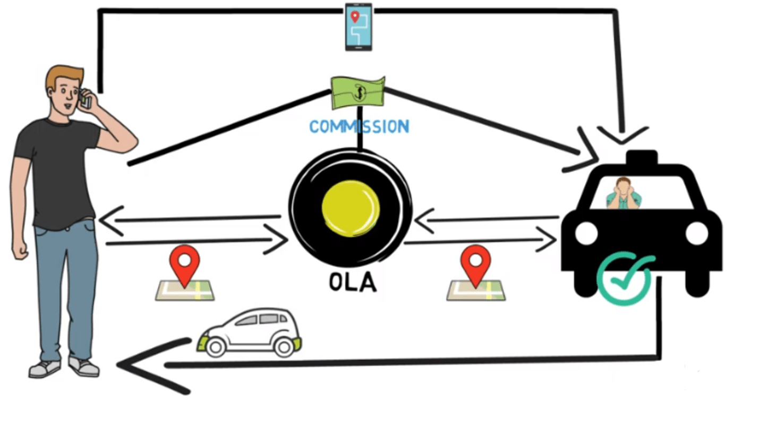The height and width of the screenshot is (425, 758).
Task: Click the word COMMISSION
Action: point(359,126)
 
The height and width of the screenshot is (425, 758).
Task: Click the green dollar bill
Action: point(358,91)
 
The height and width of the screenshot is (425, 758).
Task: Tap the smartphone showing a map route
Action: point(359,27)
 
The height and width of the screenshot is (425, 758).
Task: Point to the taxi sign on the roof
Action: point(641,158)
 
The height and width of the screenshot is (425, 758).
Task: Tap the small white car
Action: point(250,332)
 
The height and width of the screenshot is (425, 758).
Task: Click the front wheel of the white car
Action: point(216,347)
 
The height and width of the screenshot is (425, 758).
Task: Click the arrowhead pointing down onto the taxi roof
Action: point(623,135)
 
